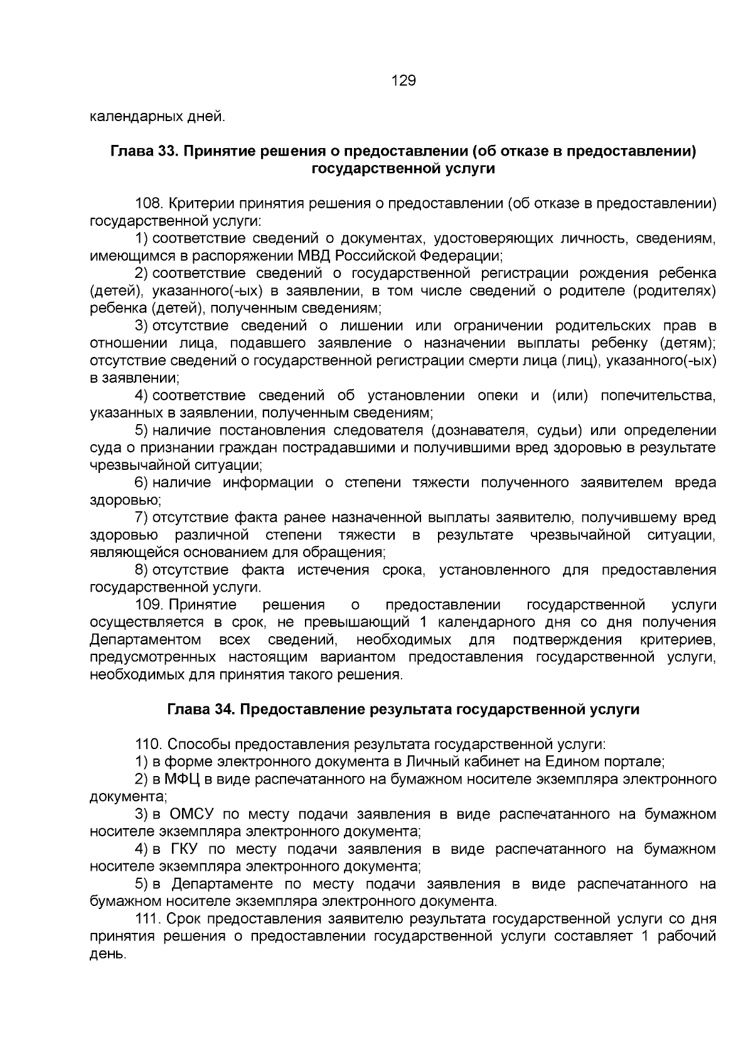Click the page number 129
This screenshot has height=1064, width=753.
click(403, 81)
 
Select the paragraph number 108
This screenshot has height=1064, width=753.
click(149, 204)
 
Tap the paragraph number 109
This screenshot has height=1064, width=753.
click(149, 605)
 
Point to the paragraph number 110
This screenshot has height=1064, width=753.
click(149, 745)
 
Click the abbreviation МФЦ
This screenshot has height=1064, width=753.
click(182, 779)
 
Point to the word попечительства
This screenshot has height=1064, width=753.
click(658, 395)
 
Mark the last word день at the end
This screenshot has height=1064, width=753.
click(107, 954)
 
